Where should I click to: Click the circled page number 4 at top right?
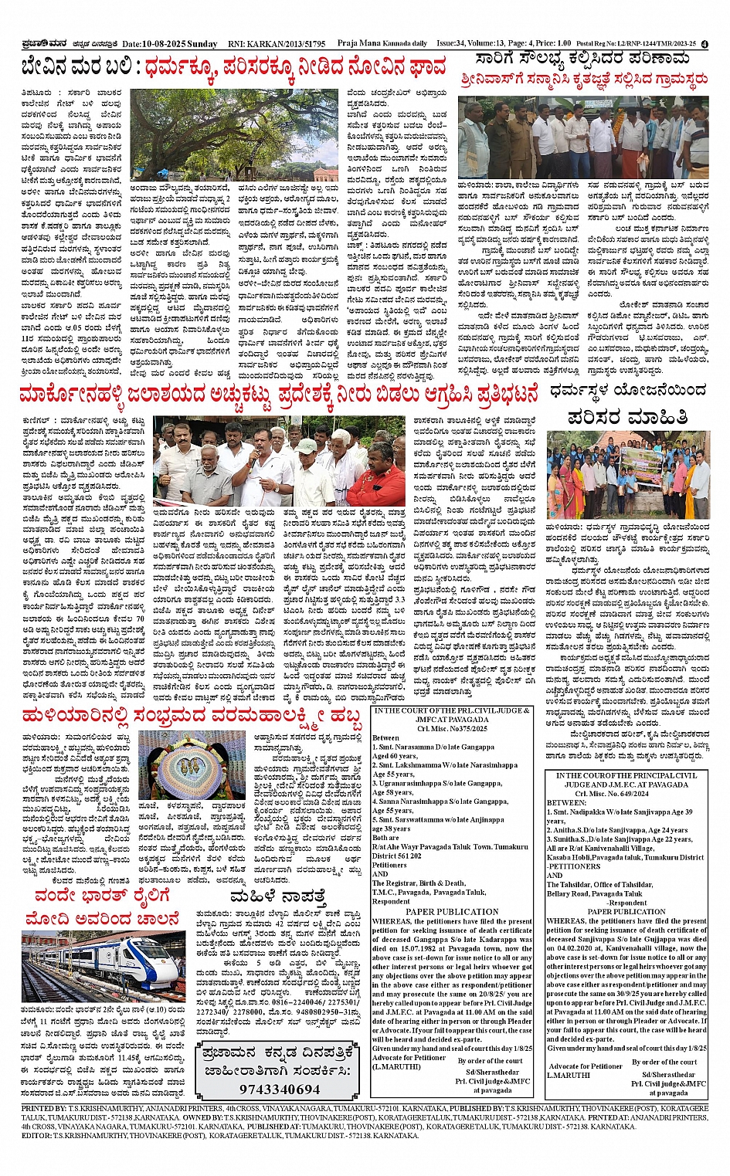pos(705,45)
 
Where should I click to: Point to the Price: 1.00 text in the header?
pos(552,44)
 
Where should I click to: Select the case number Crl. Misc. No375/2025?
pos(452,728)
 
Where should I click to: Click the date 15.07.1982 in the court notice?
pos(400,949)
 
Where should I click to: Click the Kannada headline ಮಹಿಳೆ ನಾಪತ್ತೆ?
pos(277,897)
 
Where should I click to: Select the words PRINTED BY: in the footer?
pos(45,1108)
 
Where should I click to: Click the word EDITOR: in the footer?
pos(36,1135)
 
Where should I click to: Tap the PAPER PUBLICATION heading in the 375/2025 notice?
pos(452,911)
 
